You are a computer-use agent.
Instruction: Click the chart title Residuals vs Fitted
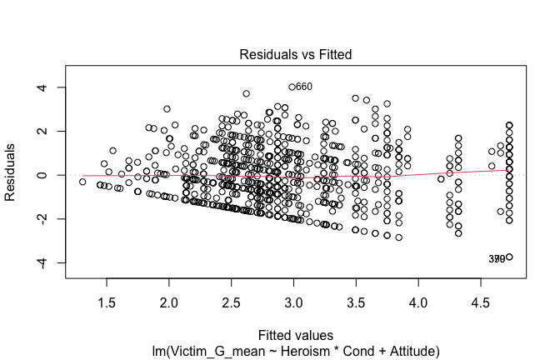tap(296, 55)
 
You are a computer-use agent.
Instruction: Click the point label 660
tap(304, 87)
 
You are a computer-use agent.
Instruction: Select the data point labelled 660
tap(292, 87)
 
